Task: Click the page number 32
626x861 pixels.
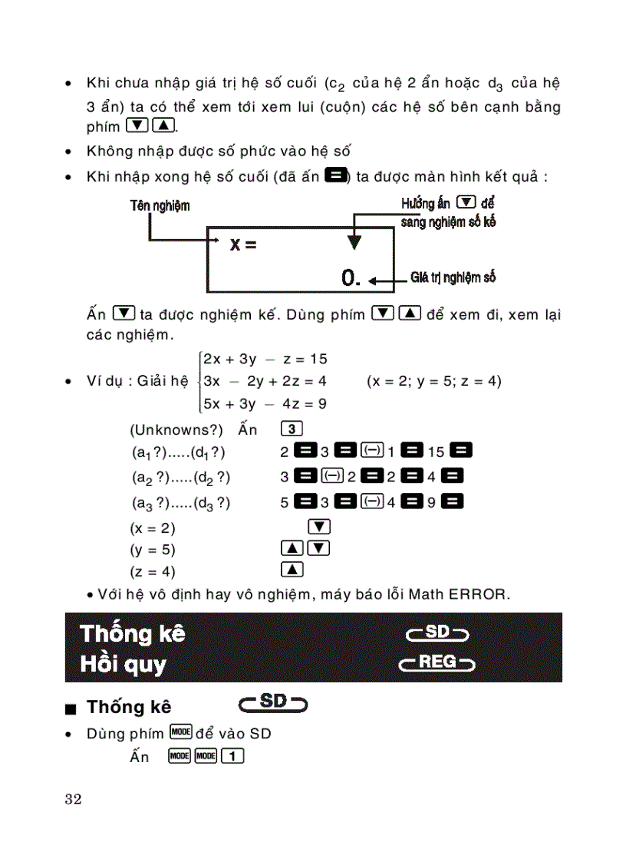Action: tap(73, 800)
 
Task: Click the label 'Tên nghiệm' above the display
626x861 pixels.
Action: tap(160, 205)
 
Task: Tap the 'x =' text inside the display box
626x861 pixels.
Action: tap(242, 245)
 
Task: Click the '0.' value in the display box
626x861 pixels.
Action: tap(351, 278)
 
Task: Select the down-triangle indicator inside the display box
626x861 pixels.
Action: tap(354, 242)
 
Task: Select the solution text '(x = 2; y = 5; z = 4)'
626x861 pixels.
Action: tap(433, 381)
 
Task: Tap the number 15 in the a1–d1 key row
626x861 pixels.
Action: tap(437, 452)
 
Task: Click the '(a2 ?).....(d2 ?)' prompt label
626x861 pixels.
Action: tap(180, 478)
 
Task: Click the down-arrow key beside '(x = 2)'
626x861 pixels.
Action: tap(318, 527)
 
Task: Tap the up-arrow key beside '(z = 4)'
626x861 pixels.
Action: tap(292, 570)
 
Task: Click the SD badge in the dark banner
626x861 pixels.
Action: tap(437, 633)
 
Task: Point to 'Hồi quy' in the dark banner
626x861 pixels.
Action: tap(123, 664)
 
